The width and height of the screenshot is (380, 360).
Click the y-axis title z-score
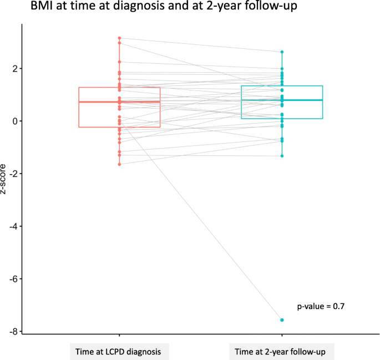(5, 179)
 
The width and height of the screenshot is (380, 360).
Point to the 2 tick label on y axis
(14, 69)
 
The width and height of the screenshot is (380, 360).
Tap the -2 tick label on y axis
(13, 174)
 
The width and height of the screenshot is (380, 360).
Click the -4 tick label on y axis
(13, 227)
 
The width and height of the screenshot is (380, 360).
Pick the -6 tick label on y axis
(13, 279)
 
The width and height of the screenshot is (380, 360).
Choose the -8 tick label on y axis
(13, 332)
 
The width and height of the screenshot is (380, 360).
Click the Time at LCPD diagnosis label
(119, 352)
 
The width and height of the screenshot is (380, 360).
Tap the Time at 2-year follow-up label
(282, 352)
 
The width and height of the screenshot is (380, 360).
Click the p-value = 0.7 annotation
(321, 306)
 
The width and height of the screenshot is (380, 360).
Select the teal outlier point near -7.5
(282, 320)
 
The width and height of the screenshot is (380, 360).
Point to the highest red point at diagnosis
(119, 38)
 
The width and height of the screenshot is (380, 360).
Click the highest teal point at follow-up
(282, 52)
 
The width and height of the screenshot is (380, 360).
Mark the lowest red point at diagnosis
(119, 164)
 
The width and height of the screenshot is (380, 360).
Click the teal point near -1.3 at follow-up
(282, 156)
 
